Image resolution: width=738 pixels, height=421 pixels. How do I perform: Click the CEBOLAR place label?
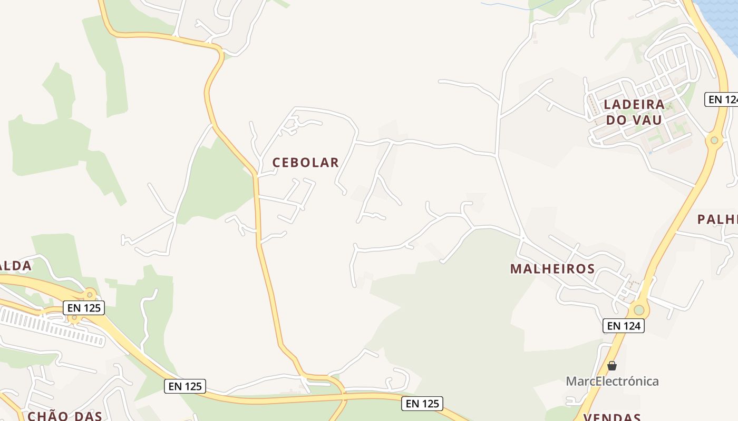point(305,163)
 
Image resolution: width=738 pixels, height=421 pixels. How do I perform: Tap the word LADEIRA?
point(634,104)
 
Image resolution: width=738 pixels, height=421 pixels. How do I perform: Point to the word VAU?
point(649,120)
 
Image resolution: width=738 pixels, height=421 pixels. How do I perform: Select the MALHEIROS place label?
point(552,269)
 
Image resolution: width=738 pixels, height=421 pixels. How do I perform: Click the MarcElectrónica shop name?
point(612,381)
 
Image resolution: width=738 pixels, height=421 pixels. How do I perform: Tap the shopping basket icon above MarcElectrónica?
point(612,365)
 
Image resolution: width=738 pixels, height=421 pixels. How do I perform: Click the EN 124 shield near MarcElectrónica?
point(624,326)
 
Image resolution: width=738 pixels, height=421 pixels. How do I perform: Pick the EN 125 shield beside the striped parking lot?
point(84,308)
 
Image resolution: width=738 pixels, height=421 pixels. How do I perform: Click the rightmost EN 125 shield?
point(422,404)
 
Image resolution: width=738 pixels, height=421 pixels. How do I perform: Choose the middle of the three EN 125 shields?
point(184,386)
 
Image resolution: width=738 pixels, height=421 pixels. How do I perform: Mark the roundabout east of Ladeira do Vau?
point(714,140)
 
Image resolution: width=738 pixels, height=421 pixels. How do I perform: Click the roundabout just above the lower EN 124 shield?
point(639,309)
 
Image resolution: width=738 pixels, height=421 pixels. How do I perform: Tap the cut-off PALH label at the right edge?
point(717,219)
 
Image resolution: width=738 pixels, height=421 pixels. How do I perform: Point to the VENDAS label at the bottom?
point(612,417)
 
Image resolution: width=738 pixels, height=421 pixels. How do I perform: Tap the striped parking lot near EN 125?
point(53,327)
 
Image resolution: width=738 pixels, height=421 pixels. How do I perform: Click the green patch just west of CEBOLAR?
point(216,184)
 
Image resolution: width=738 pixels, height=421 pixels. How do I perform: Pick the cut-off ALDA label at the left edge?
point(16,266)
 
